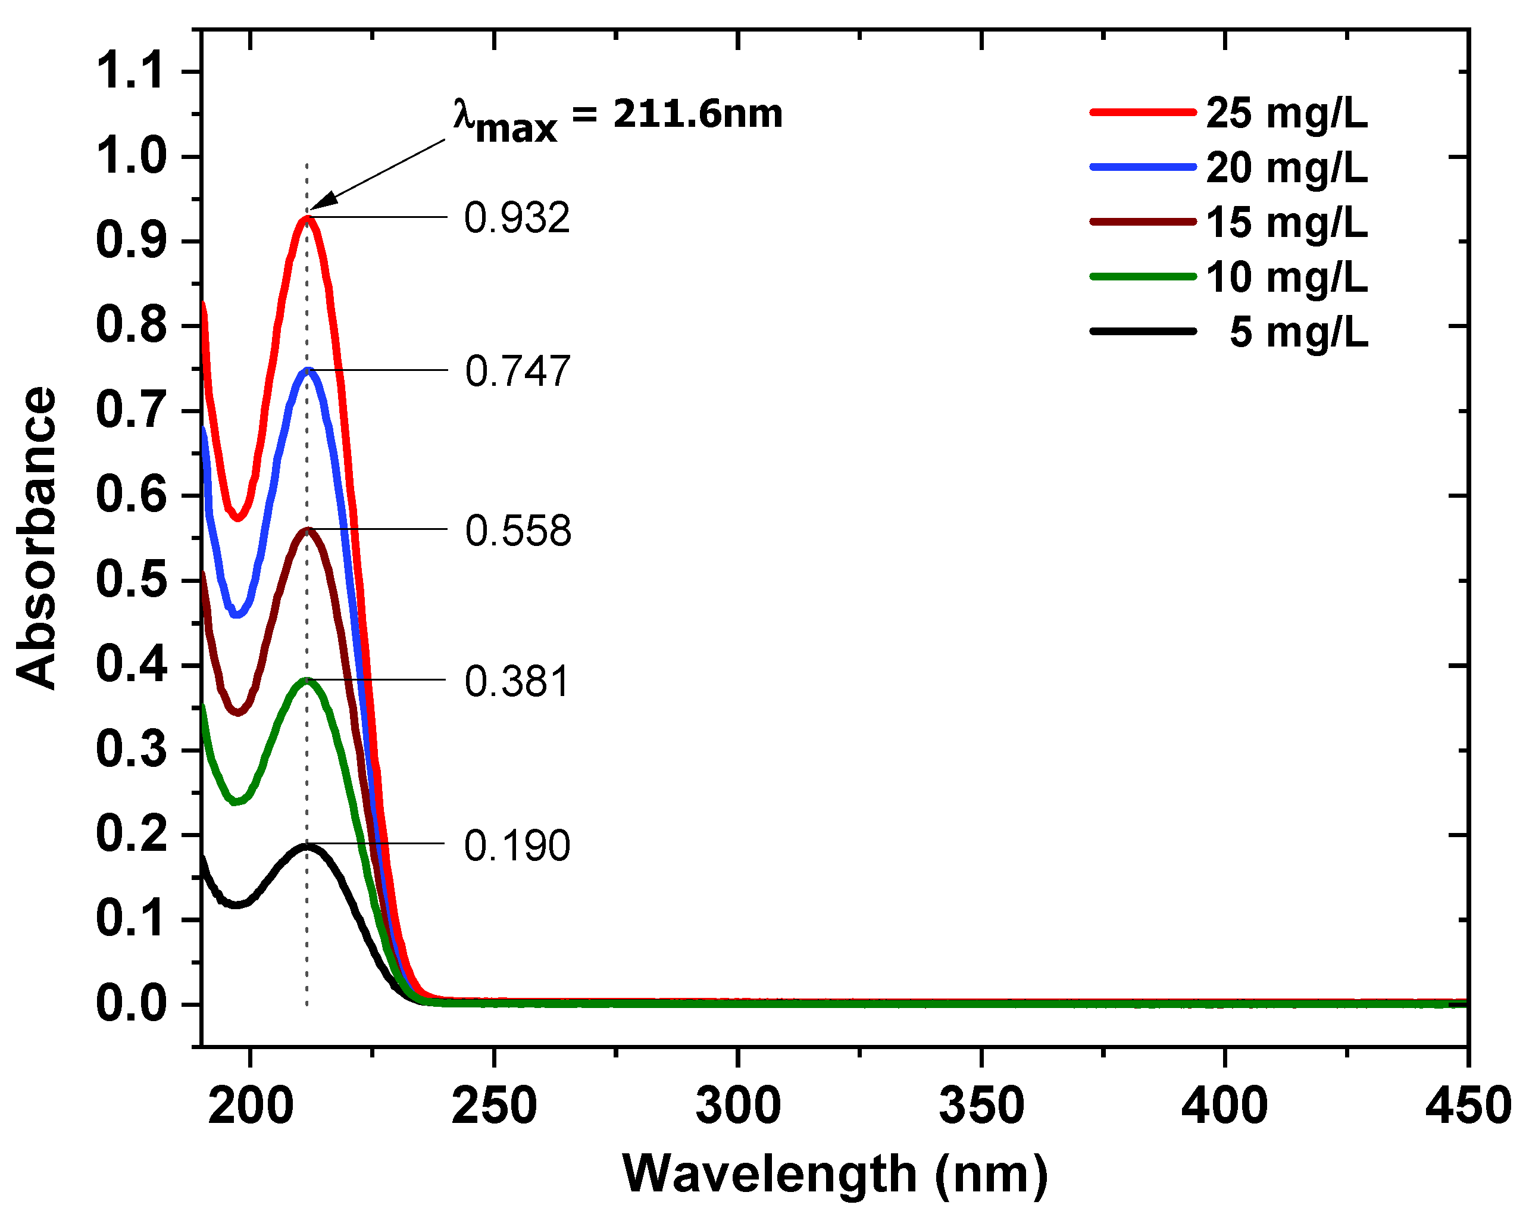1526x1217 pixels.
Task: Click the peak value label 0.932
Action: click(x=517, y=218)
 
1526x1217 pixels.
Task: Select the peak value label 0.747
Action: click(x=517, y=371)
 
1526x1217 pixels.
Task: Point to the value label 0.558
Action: click(x=517, y=531)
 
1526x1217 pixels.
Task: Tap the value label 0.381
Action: click(x=517, y=682)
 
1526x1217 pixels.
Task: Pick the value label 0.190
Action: click(x=517, y=845)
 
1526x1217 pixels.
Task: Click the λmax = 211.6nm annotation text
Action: click(x=618, y=117)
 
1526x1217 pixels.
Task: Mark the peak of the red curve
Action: click(x=307, y=217)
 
